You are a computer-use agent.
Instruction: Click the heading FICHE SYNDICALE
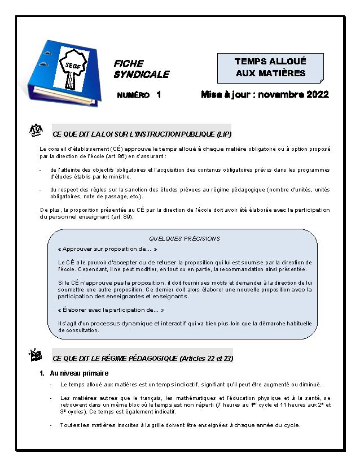point(141,69)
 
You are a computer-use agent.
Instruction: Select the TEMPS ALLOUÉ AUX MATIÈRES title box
point(270,67)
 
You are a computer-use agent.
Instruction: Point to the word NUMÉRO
point(133,95)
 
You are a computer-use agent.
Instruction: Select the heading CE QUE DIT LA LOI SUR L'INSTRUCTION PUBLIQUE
point(142,134)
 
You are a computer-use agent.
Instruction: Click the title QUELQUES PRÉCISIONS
point(185,238)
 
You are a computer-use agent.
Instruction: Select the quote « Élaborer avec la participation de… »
point(111,310)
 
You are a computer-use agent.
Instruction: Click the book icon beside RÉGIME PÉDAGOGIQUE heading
point(35,355)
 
